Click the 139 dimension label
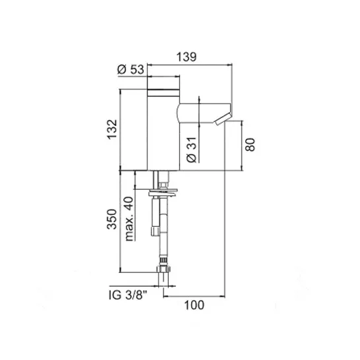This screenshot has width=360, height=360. point(186,57)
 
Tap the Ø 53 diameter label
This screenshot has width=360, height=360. point(131,69)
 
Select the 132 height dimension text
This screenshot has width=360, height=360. point(112,129)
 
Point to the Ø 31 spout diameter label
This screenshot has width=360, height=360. point(191,150)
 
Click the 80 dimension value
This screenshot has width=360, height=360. point(250,144)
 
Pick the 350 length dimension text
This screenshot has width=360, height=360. point(112,219)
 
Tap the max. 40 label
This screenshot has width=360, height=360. point(129,219)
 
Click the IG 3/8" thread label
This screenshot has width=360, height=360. point(128,295)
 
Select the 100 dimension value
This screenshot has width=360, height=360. point(195,305)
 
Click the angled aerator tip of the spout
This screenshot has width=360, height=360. point(223,119)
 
